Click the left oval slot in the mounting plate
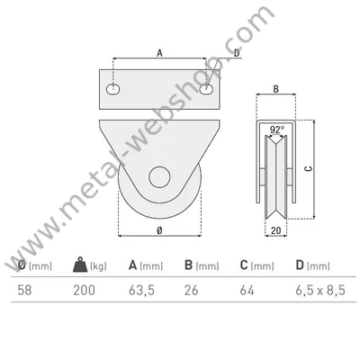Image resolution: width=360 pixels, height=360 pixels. tap(113, 89)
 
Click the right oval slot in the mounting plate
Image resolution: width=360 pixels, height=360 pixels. tap(207, 89)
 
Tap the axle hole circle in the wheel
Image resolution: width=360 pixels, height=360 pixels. tap(159, 177)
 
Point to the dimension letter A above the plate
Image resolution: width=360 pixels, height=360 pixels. tap(159, 53)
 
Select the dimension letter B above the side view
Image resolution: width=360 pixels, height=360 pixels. tap(276, 89)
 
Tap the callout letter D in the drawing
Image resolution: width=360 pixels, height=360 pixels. tap(237, 53)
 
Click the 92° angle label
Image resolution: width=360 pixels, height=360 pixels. tap(277, 130)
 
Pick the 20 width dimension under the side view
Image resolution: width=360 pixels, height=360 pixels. tap(276, 230)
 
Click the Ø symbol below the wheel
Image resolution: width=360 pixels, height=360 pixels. tap(159, 230)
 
